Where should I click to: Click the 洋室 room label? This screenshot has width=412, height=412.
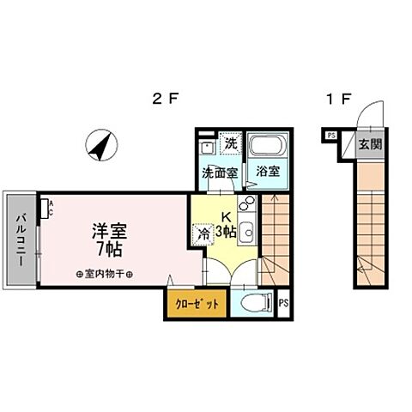pyautogui.click(x=110, y=231)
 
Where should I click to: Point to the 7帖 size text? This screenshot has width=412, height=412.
pyautogui.click(x=110, y=249)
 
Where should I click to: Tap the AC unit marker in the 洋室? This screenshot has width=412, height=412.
pyautogui.click(x=50, y=206)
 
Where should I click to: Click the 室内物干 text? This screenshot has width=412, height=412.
pyautogui.click(x=110, y=275)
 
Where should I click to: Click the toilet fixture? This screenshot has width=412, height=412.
pyautogui.click(x=255, y=302)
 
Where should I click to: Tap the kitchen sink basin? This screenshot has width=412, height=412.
pyautogui.click(x=246, y=230)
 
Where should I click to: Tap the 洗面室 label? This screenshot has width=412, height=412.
pyautogui.click(x=216, y=172)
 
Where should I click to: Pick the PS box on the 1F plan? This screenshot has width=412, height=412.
pyautogui.click(x=330, y=133)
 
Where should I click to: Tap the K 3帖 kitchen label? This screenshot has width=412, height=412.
pyautogui.click(x=227, y=224)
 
